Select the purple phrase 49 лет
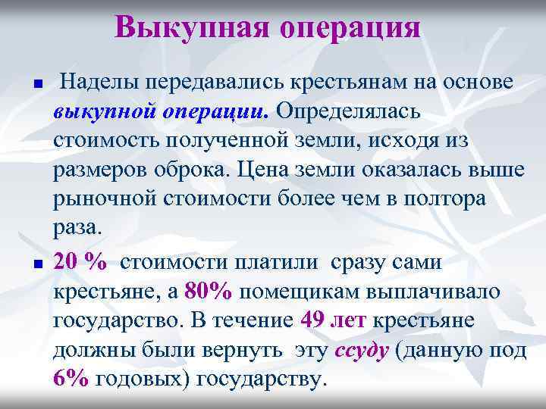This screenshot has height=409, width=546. (334, 320)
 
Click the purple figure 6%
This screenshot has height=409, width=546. (72, 379)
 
